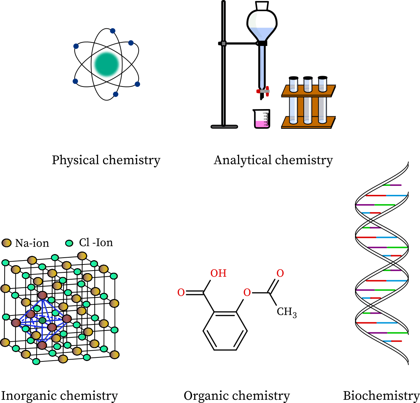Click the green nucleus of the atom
[x=107, y=65]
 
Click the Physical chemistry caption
[x=106, y=160]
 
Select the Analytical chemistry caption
[x=273, y=160]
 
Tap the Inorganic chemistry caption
[x=59, y=395]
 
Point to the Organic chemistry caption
[x=237, y=395]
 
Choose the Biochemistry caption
[x=381, y=395]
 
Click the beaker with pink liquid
[x=261, y=120]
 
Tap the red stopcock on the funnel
[x=263, y=91]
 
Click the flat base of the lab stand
[x=224, y=126]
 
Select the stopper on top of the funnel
[x=262, y=5]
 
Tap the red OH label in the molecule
[x=218, y=273]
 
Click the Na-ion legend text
[x=32, y=243]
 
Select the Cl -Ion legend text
[x=96, y=243]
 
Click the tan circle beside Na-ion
[x=7, y=243]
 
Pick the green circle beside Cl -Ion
[x=69, y=243]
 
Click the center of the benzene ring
[x=225, y=331]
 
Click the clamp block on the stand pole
[x=224, y=43]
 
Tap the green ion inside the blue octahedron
[x=42, y=320]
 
